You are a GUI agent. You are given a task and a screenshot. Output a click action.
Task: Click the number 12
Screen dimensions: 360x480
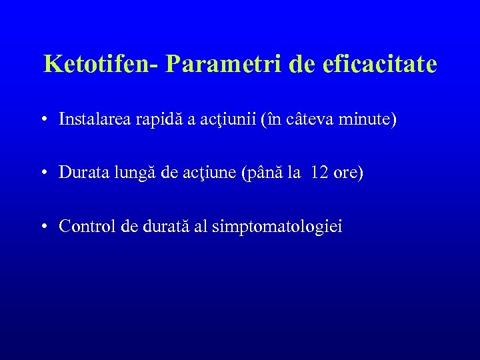[x=319, y=173]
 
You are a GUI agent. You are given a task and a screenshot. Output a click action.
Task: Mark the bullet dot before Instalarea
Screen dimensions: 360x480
[x=43, y=121]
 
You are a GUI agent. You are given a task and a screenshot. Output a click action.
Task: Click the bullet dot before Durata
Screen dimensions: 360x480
[x=43, y=173]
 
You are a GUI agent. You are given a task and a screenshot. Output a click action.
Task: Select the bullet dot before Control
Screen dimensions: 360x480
[x=43, y=227]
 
